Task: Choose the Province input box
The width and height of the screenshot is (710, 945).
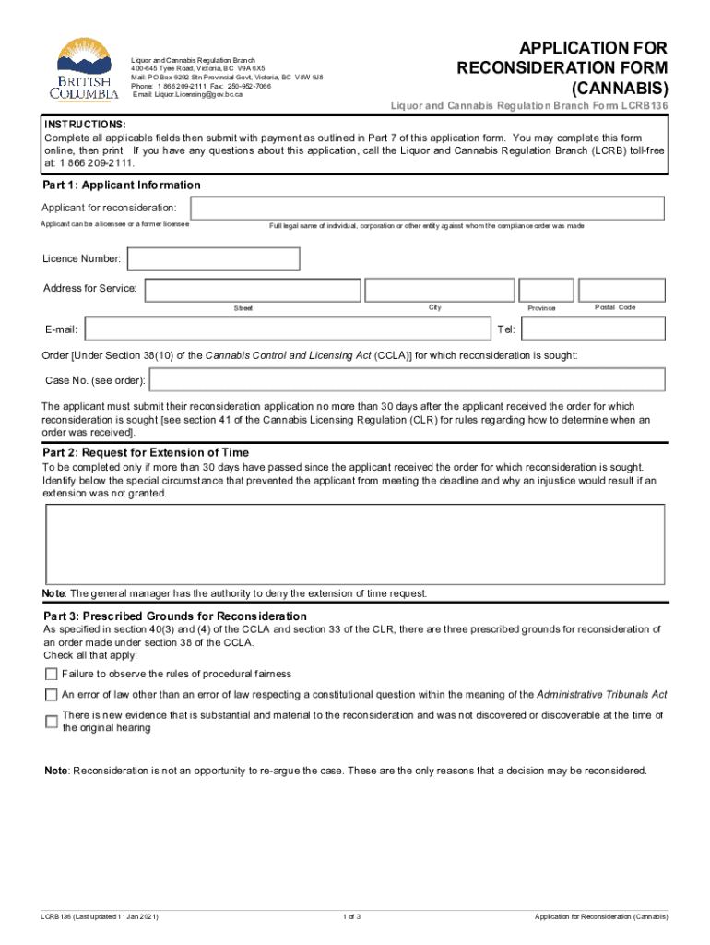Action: [x=541, y=290]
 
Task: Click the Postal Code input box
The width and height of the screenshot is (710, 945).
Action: [x=619, y=290]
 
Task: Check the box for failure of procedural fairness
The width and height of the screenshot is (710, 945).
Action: [x=52, y=674]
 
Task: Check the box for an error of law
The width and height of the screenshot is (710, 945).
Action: [x=52, y=695]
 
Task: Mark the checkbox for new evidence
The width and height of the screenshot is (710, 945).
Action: [x=52, y=722]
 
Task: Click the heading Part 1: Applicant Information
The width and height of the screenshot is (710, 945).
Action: [x=122, y=185]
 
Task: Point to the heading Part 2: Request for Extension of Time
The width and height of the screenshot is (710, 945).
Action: [x=146, y=453]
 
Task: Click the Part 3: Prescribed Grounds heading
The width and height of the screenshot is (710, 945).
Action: [x=175, y=616]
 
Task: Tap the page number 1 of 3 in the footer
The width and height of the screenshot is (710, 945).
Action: [x=351, y=916]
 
